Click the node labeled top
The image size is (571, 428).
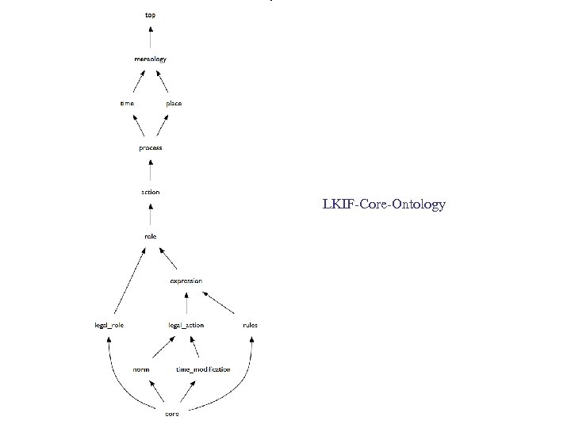coord(150,15)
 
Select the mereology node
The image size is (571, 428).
coord(150,59)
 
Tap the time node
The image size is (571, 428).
coord(127,103)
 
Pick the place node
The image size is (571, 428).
coord(174,103)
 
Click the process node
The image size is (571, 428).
coord(150,147)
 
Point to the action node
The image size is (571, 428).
coord(150,192)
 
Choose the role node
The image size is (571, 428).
coord(150,236)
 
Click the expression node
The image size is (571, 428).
coord(186,281)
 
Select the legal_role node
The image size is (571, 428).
coord(109,325)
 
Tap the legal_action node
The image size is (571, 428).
coord(186,325)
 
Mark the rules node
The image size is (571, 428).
coord(250,325)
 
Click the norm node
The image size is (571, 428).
coord(142,369)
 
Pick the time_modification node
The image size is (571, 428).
coord(203,369)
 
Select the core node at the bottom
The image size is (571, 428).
coord(171,414)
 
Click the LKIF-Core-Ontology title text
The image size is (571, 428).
coord(384,204)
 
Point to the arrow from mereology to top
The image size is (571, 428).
coord(150,37)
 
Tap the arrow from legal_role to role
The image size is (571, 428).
coord(129,281)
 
